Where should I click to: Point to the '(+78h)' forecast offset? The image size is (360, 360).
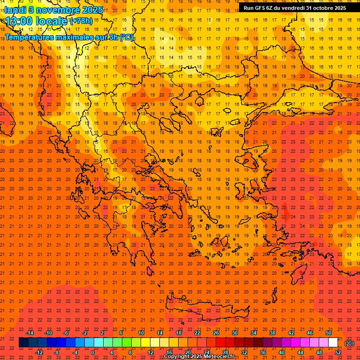pyautogui.click(x=81, y=21)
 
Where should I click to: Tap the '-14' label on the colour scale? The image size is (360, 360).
pyautogui.click(x=30, y=333)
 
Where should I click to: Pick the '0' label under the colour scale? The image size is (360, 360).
pyautogui.click(x=93, y=352)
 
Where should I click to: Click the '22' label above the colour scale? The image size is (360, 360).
pyautogui.click(x=197, y=333)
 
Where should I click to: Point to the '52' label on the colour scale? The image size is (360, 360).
pyautogui.click(x=338, y=352)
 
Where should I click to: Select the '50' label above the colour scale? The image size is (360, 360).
pyautogui.click(x=329, y=333)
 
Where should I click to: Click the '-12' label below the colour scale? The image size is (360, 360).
pyautogui.click(x=39, y=352)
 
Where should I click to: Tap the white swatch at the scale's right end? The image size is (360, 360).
pyautogui.click(x=333, y=343)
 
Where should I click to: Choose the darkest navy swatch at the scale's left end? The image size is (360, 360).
pyautogui.click(x=23, y=343)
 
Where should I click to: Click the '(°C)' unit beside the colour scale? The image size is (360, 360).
pyautogui.click(x=349, y=343)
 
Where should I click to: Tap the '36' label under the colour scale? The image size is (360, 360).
pyautogui.click(x=263, y=352)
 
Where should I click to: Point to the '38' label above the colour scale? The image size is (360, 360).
pyautogui.click(x=272, y=333)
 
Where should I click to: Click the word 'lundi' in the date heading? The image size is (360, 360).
pyautogui.click(x=15, y=10)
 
